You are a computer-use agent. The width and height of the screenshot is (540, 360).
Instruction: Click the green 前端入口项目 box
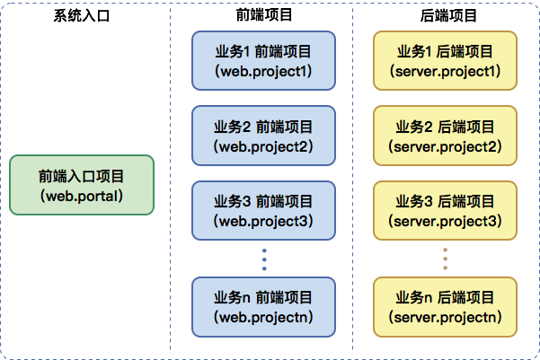pyautogui.click(x=82, y=185)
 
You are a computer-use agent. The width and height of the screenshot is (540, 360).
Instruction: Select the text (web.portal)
pyautogui.click(x=82, y=194)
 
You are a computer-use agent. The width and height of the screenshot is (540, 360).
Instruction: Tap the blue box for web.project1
pyautogui.click(x=263, y=61)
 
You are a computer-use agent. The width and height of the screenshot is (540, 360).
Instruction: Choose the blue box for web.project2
pyautogui.click(x=263, y=136)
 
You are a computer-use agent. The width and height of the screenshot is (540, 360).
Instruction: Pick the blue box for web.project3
pyautogui.click(x=263, y=210)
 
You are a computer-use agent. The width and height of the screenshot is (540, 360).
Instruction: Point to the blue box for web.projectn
pyautogui.click(x=263, y=306)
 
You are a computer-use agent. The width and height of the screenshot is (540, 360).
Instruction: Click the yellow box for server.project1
pyautogui.click(x=445, y=61)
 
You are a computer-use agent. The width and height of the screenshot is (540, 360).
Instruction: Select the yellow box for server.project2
pyautogui.click(x=445, y=136)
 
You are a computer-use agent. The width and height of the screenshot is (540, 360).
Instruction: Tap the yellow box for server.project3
pyautogui.click(x=445, y=210)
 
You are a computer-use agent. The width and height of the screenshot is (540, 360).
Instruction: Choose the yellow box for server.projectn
pyautogui.click(x=445, y=306)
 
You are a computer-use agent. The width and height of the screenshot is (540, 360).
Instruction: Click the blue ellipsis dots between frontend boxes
pyautogui.click(x=264, y=259)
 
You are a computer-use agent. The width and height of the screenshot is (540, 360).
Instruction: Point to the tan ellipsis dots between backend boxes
pyautogui.click(x=446, y=259)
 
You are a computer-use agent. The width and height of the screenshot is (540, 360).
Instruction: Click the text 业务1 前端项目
pyautogui.click(x=263, y=52)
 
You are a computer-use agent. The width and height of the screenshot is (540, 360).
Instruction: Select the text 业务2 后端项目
pyautogui.click(x=445, y=127)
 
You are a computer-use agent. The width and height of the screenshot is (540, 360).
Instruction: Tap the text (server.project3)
pyautogui.click(x=445, y=220)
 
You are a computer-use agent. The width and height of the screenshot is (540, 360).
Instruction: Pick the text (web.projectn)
pyautogui.click(x=263, y=316)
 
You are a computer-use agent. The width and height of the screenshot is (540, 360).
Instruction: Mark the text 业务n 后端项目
pyautogui.click(x=445, y=297)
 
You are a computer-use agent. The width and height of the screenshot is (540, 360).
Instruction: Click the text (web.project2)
pyautogui.click(x=263, y=145)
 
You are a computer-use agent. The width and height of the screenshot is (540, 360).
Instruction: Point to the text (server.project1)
pyautogui.click(x=445, y=71)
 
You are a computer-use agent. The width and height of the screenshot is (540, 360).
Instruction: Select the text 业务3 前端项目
pyautogui.click(x=263, y=201)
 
